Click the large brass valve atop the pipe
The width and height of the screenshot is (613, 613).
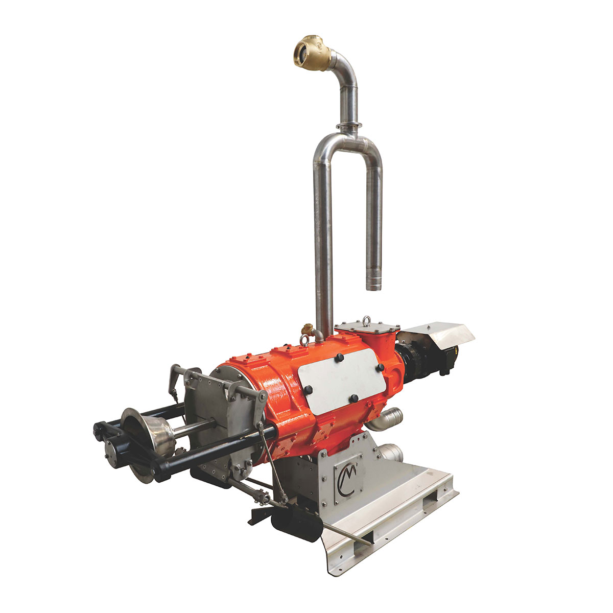pos(312,53)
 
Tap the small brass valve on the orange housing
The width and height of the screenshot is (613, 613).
pos(307,328)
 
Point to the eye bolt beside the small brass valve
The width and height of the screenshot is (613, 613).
pos(304,340)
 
